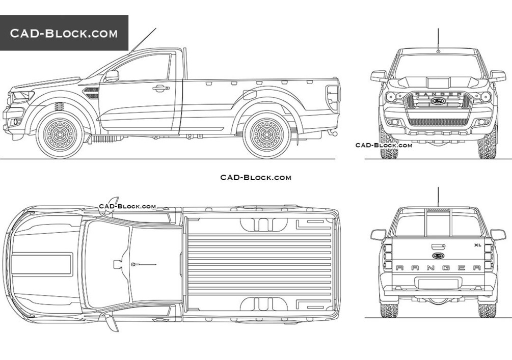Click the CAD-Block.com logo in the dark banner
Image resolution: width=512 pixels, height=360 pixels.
coord(64,34)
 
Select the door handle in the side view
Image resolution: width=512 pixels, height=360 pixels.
coord(160,88)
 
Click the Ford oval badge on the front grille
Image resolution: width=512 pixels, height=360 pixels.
coord(438,101)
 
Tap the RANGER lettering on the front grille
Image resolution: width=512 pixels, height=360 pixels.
coord(438,94)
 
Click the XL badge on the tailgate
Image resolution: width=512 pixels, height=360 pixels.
coord(477,245)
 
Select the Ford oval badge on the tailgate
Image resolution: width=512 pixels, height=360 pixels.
coord(438,256)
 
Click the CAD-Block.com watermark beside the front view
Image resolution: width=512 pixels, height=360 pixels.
coord(384,145)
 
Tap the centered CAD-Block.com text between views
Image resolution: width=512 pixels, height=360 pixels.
coord(256,177)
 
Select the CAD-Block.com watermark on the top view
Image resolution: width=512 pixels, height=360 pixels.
coord(127,206)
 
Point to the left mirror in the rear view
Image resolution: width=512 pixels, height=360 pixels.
coord(378,235)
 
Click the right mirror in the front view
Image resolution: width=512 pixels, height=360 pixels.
coord(498,76)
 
